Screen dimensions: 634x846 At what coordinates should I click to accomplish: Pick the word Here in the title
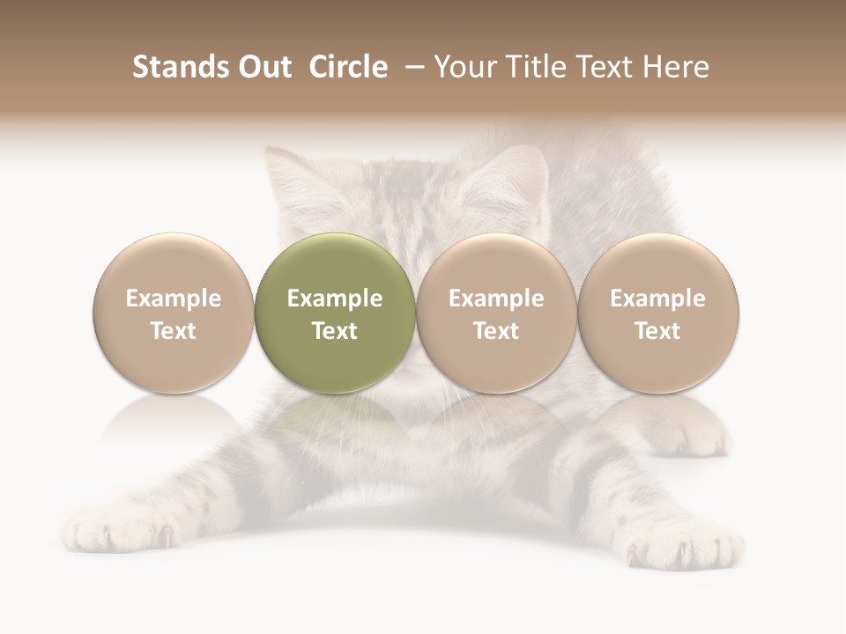coord(676,67)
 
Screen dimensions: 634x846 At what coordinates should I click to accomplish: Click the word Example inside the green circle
coord(335,299)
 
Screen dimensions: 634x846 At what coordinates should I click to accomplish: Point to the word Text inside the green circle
coord(335,331)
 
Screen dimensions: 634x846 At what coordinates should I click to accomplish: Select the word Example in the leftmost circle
coord(174,299)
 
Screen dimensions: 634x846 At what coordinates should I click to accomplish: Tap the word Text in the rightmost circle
coord(658,331)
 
